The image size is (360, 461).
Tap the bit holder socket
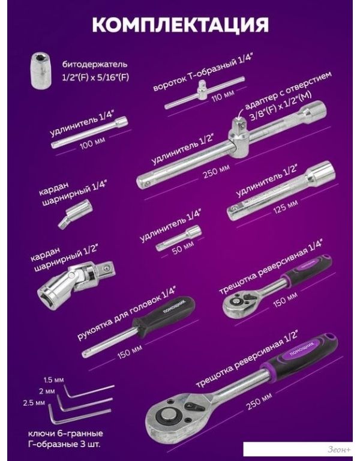[42, 70]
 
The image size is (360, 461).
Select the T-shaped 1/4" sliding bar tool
[205, 92]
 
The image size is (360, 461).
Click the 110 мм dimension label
[223, 95]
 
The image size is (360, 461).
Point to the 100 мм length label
[92, 143]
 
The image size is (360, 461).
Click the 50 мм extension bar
[179, 238]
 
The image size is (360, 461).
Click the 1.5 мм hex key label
[53, 380]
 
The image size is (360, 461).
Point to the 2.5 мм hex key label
[34, 403]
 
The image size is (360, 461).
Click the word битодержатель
[95, 64]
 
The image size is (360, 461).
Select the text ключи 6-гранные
[65, 433]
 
